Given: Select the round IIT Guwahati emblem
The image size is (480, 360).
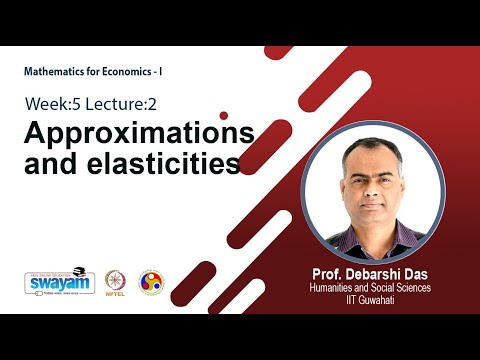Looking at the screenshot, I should click(x=150, y=282).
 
